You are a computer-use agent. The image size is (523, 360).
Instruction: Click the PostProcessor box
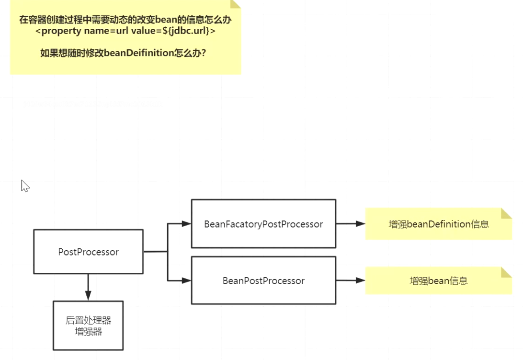pyautogui.click(x=88, y=252)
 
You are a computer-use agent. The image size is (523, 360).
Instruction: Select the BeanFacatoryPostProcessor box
pyautogui.click(x=263, y=224)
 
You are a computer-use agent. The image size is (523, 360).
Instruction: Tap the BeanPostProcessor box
pyautogui.click(x=263, y=280)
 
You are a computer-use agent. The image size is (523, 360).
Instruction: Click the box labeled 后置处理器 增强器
pyautogui.click(x=88, y=325)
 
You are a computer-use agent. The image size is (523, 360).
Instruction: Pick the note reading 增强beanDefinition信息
pyautogui.click(x=438, y=224)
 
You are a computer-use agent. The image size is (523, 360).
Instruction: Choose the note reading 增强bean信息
pyautogui.click(x=438, y=281)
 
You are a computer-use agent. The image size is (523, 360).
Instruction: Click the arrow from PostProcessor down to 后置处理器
pyautogui.click(x=88, y=287)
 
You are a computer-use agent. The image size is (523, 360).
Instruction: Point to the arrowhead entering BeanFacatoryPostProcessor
pyautogui.click(x=187, y=223)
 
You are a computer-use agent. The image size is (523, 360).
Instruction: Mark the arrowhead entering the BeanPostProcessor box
pyautogui.click(x=187, y=280)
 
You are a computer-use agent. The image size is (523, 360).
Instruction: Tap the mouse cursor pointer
pyautogui.click(x=24, y=186)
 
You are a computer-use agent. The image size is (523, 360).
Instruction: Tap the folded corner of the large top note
pyautogui.click(x=235, y=4)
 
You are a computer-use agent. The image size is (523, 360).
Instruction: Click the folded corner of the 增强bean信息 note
pyautogui.click(x=506, y=272)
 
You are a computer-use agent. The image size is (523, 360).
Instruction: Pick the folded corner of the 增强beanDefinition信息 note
pyautogui.click(x=506, y=213)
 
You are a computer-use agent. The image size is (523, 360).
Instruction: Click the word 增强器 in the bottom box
pyautogui.click(x=88, y=332)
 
